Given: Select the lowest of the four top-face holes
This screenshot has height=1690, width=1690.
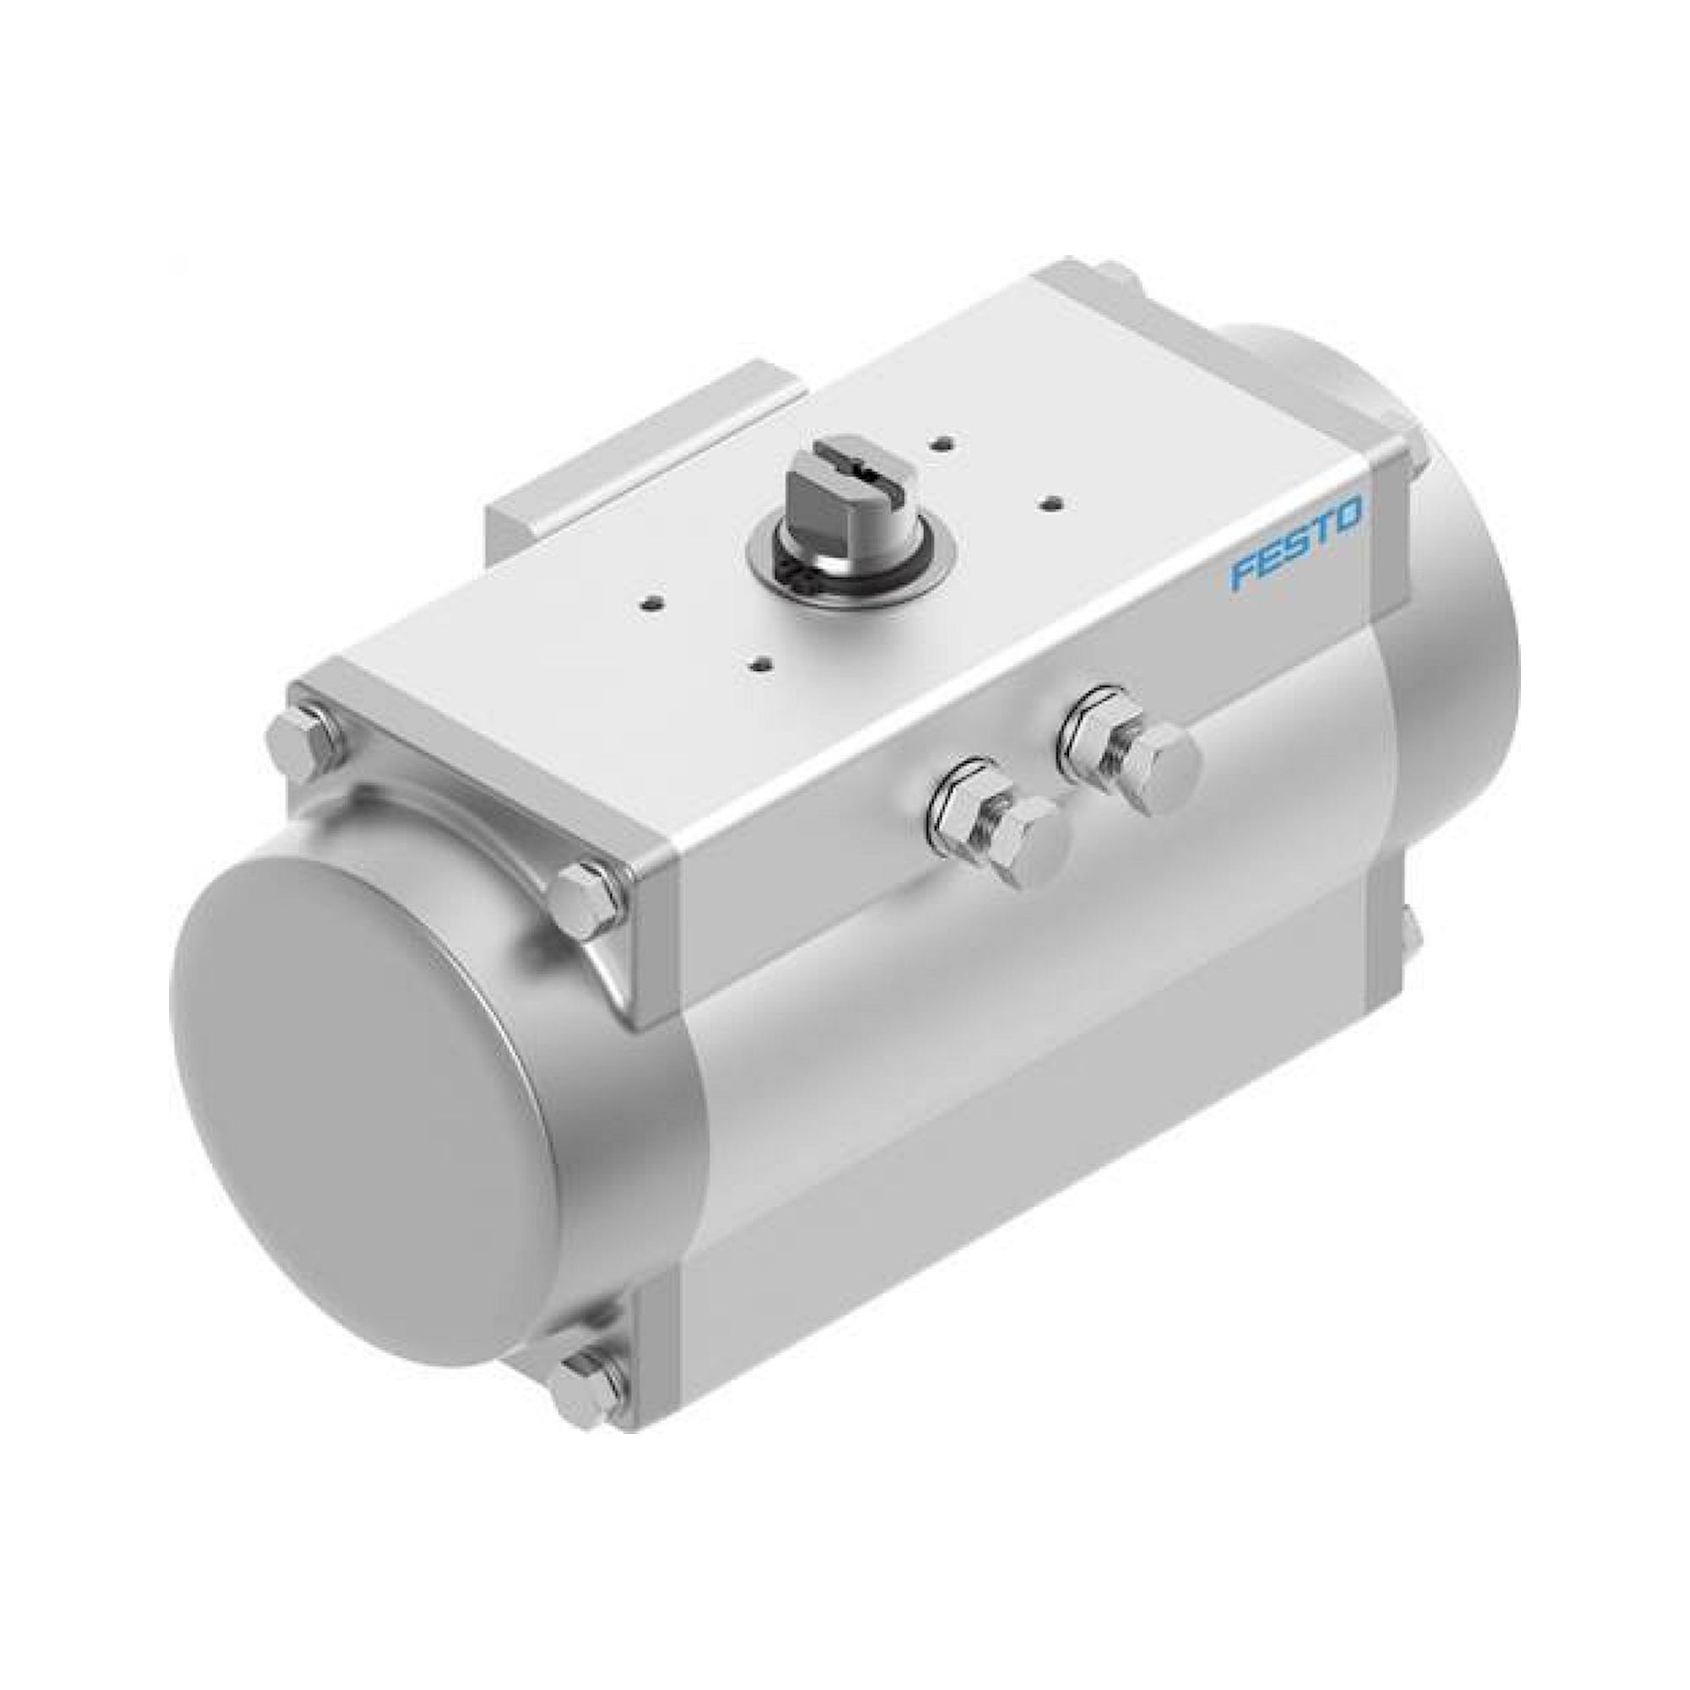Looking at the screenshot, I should (760, 662).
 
